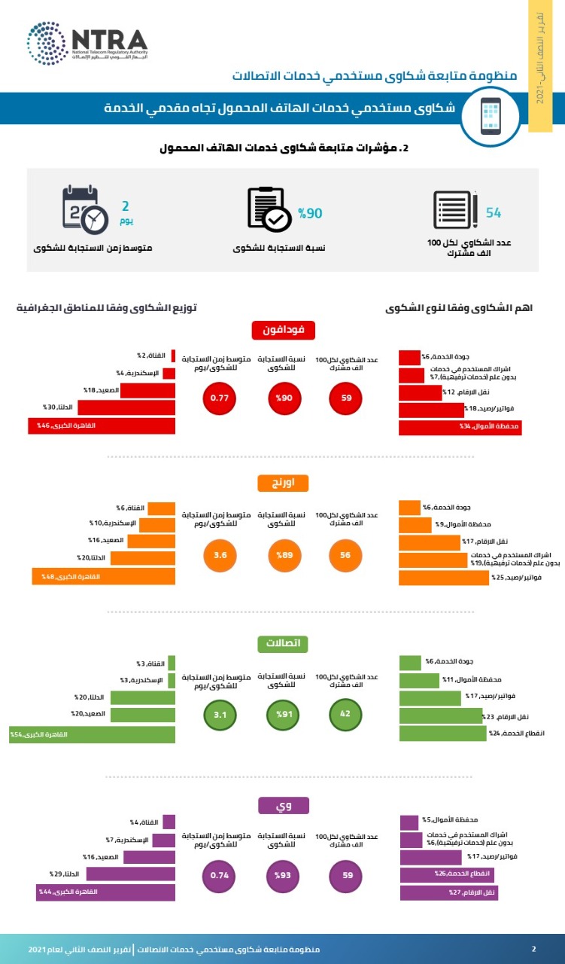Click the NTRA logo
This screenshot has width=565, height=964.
point(87,44)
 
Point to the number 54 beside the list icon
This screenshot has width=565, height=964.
point(494,212)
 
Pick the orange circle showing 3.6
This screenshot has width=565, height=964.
point(219,556)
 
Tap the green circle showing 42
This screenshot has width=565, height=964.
point(347,713)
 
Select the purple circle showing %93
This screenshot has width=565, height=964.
point(283,876)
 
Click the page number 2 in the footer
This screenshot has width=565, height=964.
point(533,949)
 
